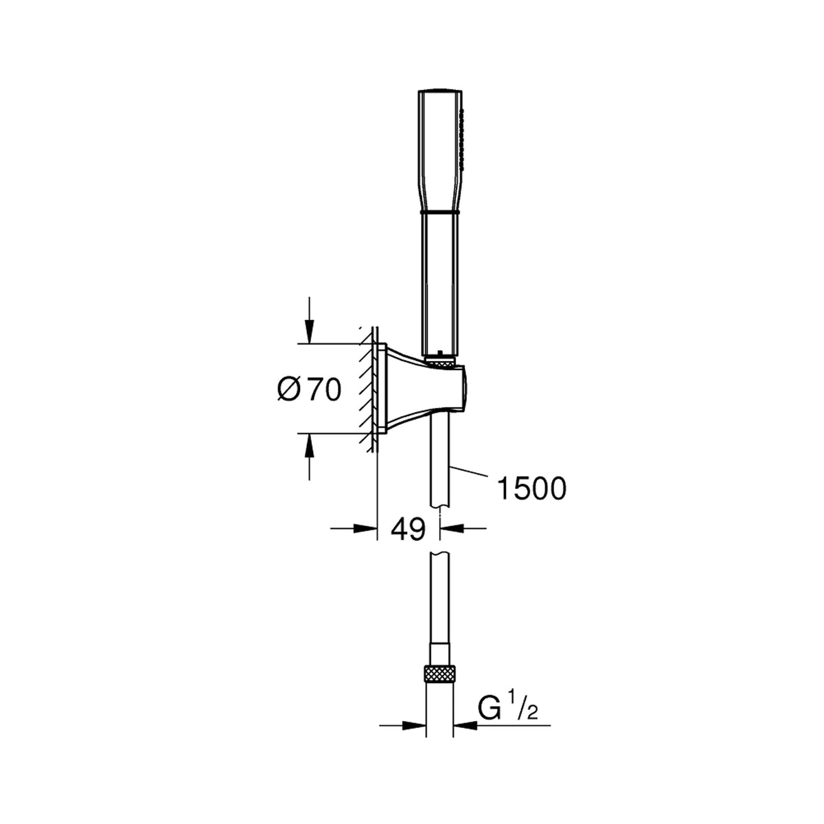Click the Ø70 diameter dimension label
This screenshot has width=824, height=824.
pyautogui.click(x=309, y=390)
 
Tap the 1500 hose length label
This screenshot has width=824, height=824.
pyautogui.click(x=531, y=488)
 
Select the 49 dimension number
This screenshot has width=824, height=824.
pyautogui.click(x=409, y=529)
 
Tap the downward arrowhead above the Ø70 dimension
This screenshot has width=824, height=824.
pyautogui.click(x=309, y=332)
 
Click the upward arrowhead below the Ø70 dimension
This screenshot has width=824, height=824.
pyautogui.click(x=309, y=445)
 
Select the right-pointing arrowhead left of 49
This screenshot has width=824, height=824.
pyautogui.click(x=365, y=529)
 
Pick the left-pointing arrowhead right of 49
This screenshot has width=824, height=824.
pyautogui.click(x=453, y=529)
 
